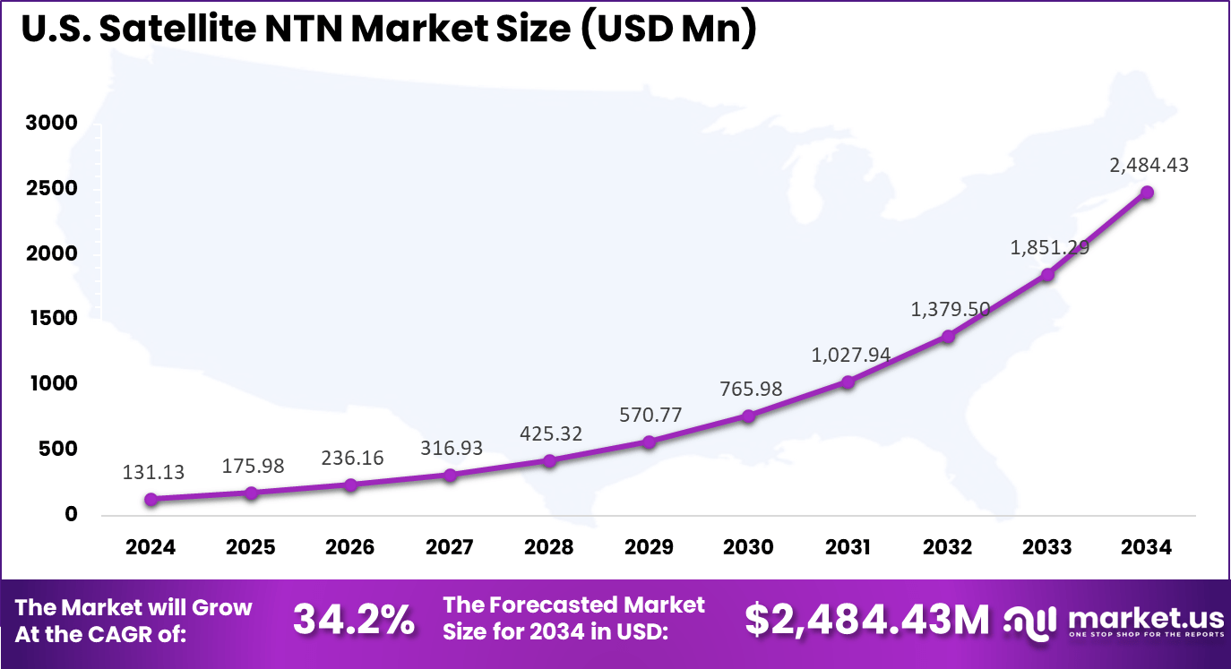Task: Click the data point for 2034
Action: pyautogui.click(x=1146, y=193)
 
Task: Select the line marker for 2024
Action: pyautogui.click(x=151, y=499)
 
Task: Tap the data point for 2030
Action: pyautogui.click(x=748, y=416)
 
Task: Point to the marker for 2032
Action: pyautogui.click(x=947, y=336)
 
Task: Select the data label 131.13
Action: pyautogui.click(x=154, y=472)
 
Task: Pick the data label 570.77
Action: pyautogui.click(x=650, y=415)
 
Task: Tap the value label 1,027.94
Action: pyautogui.click(x=850, y=355)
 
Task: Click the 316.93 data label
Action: pyautogui.click(x=451, y=448)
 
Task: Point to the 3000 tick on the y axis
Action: pyautogui.click(x=51, y=123)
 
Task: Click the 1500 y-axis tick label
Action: pyautogui.click(x=51, y=319)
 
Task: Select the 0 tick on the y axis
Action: pyautogui.click(x=71, y=515)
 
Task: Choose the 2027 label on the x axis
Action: pyautogui.click(x=450, y=547)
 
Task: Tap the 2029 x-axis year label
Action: pyautogui.click(x=649, y=547)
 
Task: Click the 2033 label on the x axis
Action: pyautogui.click(x=1046, y=547)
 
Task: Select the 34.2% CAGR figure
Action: pyautogui.click(x=354, y=620)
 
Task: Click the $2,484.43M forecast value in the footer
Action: pyautogui.click(x=867, y=620)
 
